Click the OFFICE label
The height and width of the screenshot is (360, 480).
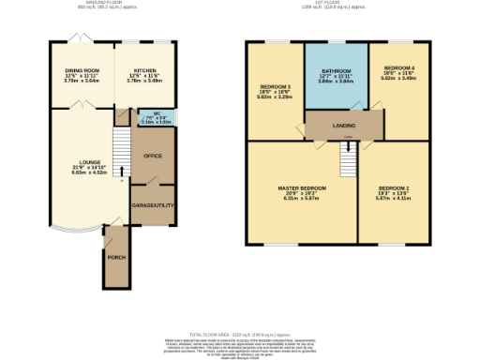click(152, 156)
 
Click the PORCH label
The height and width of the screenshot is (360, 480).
click(116, 257)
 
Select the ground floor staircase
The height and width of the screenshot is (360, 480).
click(119, 147)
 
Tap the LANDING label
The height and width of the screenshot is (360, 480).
click(344, 121)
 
